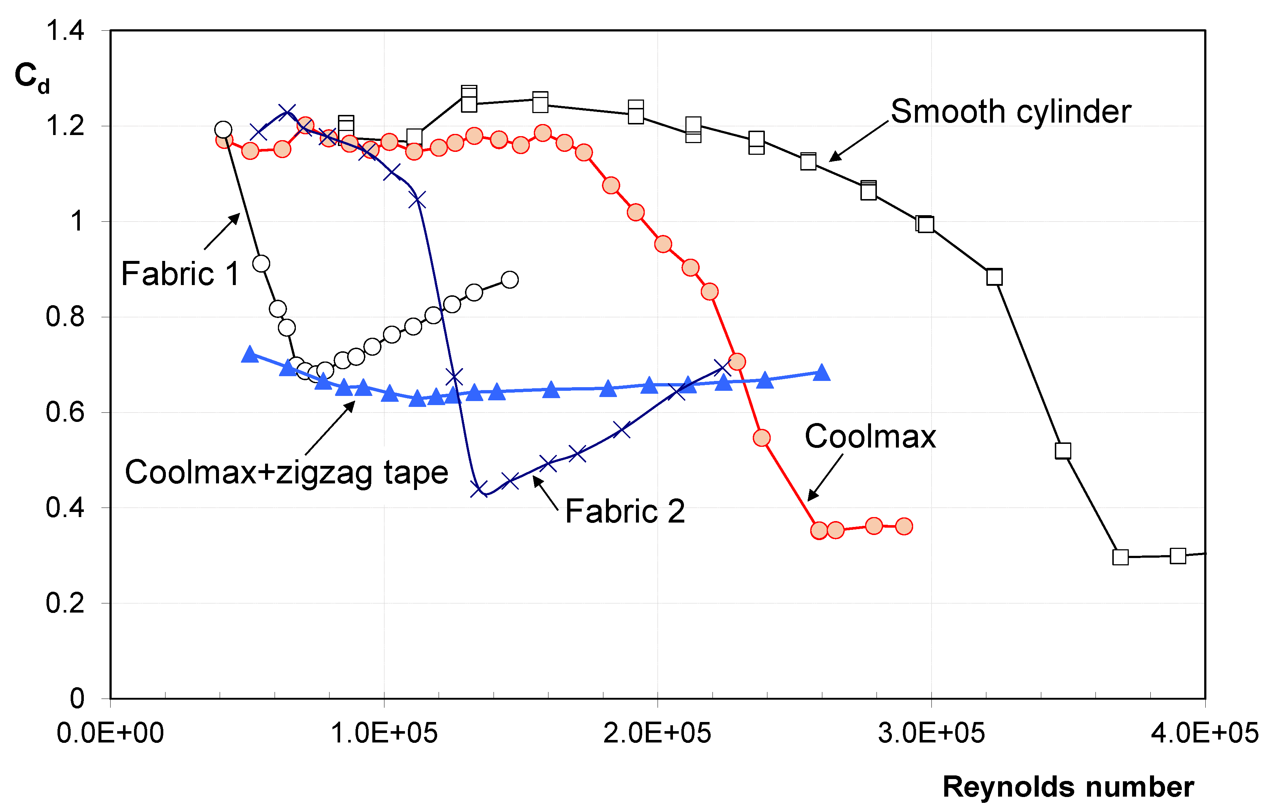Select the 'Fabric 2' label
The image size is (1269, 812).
[625, 512]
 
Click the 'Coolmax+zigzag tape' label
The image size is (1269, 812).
[286, 472]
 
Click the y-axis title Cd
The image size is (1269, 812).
[31, 78]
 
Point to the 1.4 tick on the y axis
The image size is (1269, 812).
[65, 31]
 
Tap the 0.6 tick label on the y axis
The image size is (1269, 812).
[65, 412]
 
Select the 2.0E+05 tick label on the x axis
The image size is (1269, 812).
[657, 733]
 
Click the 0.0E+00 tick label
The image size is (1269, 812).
[110, 733]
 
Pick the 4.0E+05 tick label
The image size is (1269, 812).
[1205, 733]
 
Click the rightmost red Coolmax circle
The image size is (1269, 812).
[904, 526]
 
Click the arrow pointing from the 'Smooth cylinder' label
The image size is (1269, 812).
[859, 141]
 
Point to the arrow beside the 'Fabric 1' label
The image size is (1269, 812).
[222, 232]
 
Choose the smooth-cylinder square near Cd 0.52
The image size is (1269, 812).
[1063, 451]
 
